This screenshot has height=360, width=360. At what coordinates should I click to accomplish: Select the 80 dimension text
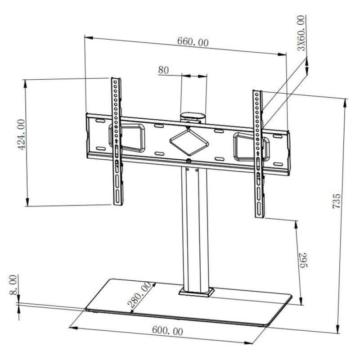[x=163, y=70]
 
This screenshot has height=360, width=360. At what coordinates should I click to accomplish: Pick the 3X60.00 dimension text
[x=301, y=34]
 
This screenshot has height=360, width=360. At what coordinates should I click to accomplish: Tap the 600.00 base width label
[x=167, y=331]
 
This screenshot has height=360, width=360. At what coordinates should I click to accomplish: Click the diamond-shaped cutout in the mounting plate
[x=189, y=140]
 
